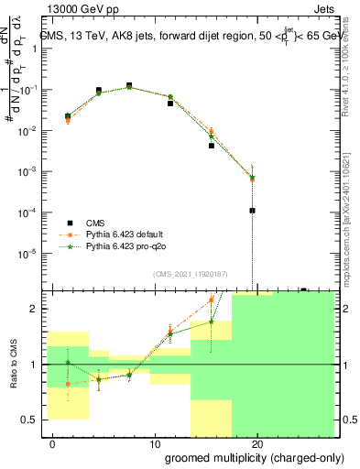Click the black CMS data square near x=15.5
coord(212,146)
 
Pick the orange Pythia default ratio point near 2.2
coord(212,300)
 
